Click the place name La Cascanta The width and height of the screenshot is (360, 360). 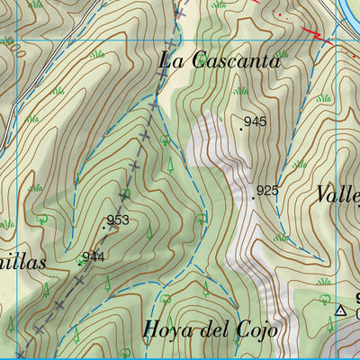tap(220, 62)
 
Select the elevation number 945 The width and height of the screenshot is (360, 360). tap(255, 121)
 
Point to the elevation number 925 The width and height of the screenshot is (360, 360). tap(267, 191)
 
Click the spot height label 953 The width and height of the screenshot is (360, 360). tap(118, 220)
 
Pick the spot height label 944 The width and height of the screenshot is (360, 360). tap(94, 256)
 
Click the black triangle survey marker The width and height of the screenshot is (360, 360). tap(340, 311)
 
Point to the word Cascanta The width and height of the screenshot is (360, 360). tap(235, 62)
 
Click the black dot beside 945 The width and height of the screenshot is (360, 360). tap(241, 129)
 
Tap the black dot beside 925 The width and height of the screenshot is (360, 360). tap(254, 198)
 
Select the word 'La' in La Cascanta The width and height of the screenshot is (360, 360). tap(171, 62)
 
